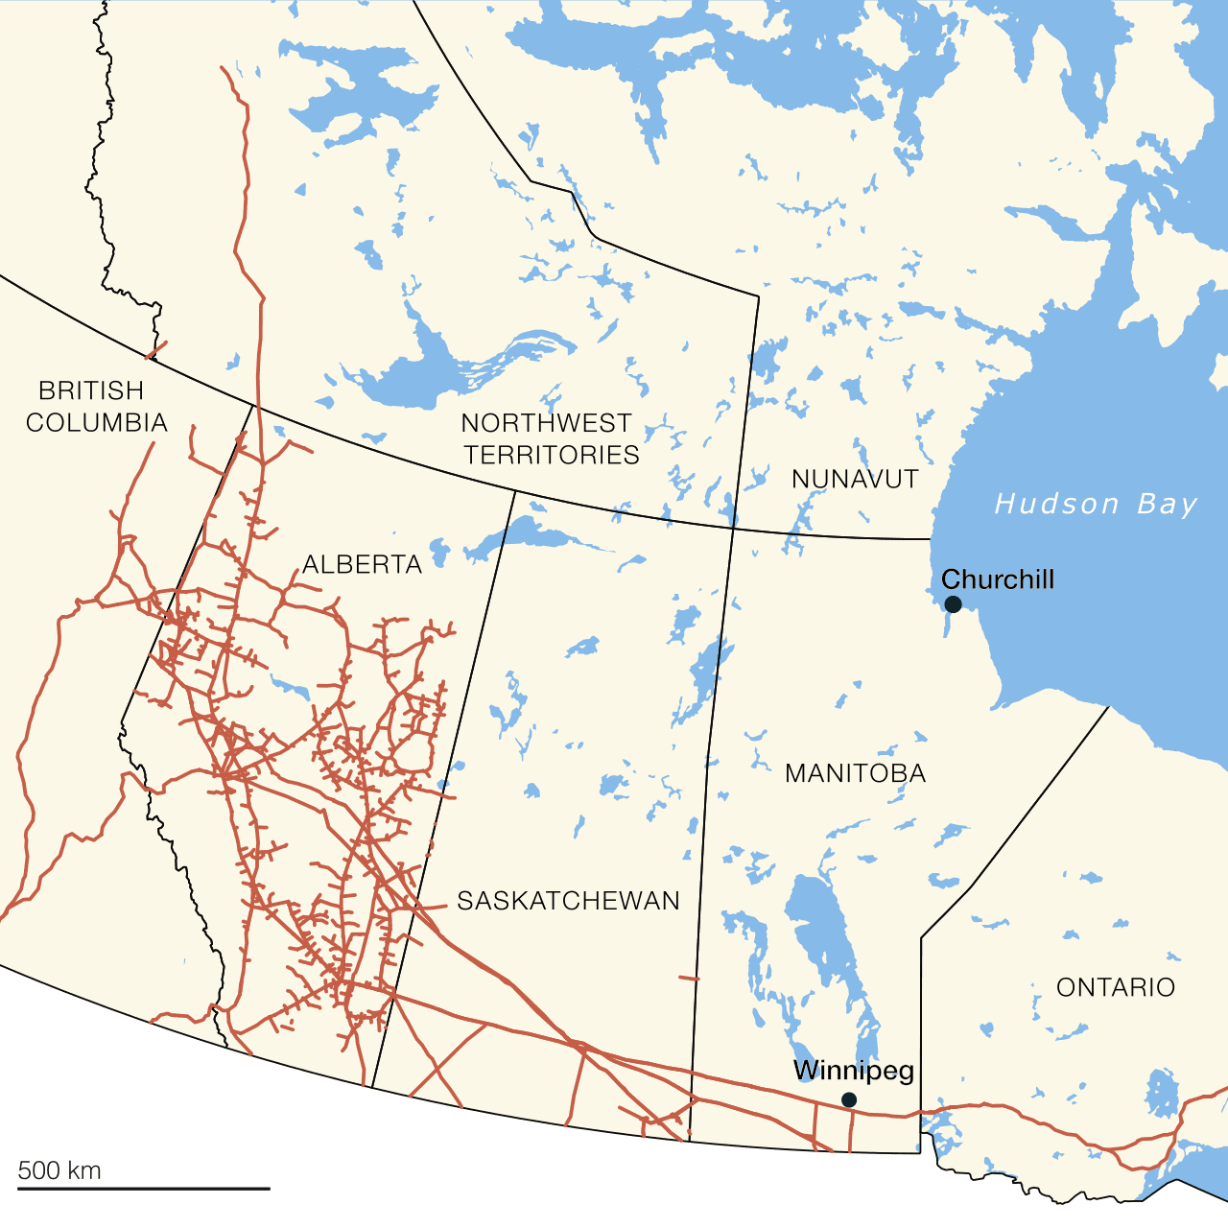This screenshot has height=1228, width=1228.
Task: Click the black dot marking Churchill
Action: coord(953,603)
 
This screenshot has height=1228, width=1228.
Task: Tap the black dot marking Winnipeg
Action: coord(849,1099)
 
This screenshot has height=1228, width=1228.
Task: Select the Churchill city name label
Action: coord(998,579)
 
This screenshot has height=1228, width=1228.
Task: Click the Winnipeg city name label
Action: coord(854,1071)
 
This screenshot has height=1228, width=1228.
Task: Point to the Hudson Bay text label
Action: coord(1097,504)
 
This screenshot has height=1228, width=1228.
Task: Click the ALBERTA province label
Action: coord(363,564)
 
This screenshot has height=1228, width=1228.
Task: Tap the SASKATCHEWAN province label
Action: coord(568,901)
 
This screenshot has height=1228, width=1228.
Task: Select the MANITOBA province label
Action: coord(855,773)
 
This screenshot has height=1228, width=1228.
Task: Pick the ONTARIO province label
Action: coord(1116,987)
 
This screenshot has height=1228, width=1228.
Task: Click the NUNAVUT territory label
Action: coord(855,479)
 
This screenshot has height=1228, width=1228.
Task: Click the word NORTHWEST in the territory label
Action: coord(547,423)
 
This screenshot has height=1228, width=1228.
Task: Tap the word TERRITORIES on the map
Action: coord(552,455)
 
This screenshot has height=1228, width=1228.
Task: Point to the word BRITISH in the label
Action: coord(91,390)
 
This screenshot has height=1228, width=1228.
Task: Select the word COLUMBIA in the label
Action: coord(97,422)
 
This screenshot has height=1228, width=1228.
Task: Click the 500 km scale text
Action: coord(59,1169)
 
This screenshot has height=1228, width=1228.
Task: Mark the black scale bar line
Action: coord(144,1189)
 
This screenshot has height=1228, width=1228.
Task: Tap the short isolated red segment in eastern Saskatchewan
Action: coord(689,979)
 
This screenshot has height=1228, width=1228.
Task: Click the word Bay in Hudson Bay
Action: coord(1168,504)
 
